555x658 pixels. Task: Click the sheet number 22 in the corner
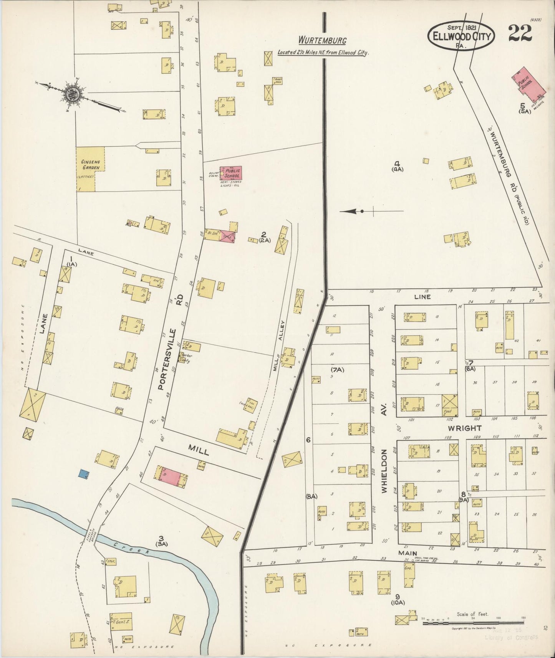tap(520, 33)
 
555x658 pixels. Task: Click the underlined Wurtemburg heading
tap(323, 40)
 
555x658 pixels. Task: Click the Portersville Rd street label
tap(168, 342)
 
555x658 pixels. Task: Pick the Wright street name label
tap(464, 428)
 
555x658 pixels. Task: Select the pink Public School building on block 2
tap(231, 173)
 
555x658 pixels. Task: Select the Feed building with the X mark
tap(450, 405)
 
